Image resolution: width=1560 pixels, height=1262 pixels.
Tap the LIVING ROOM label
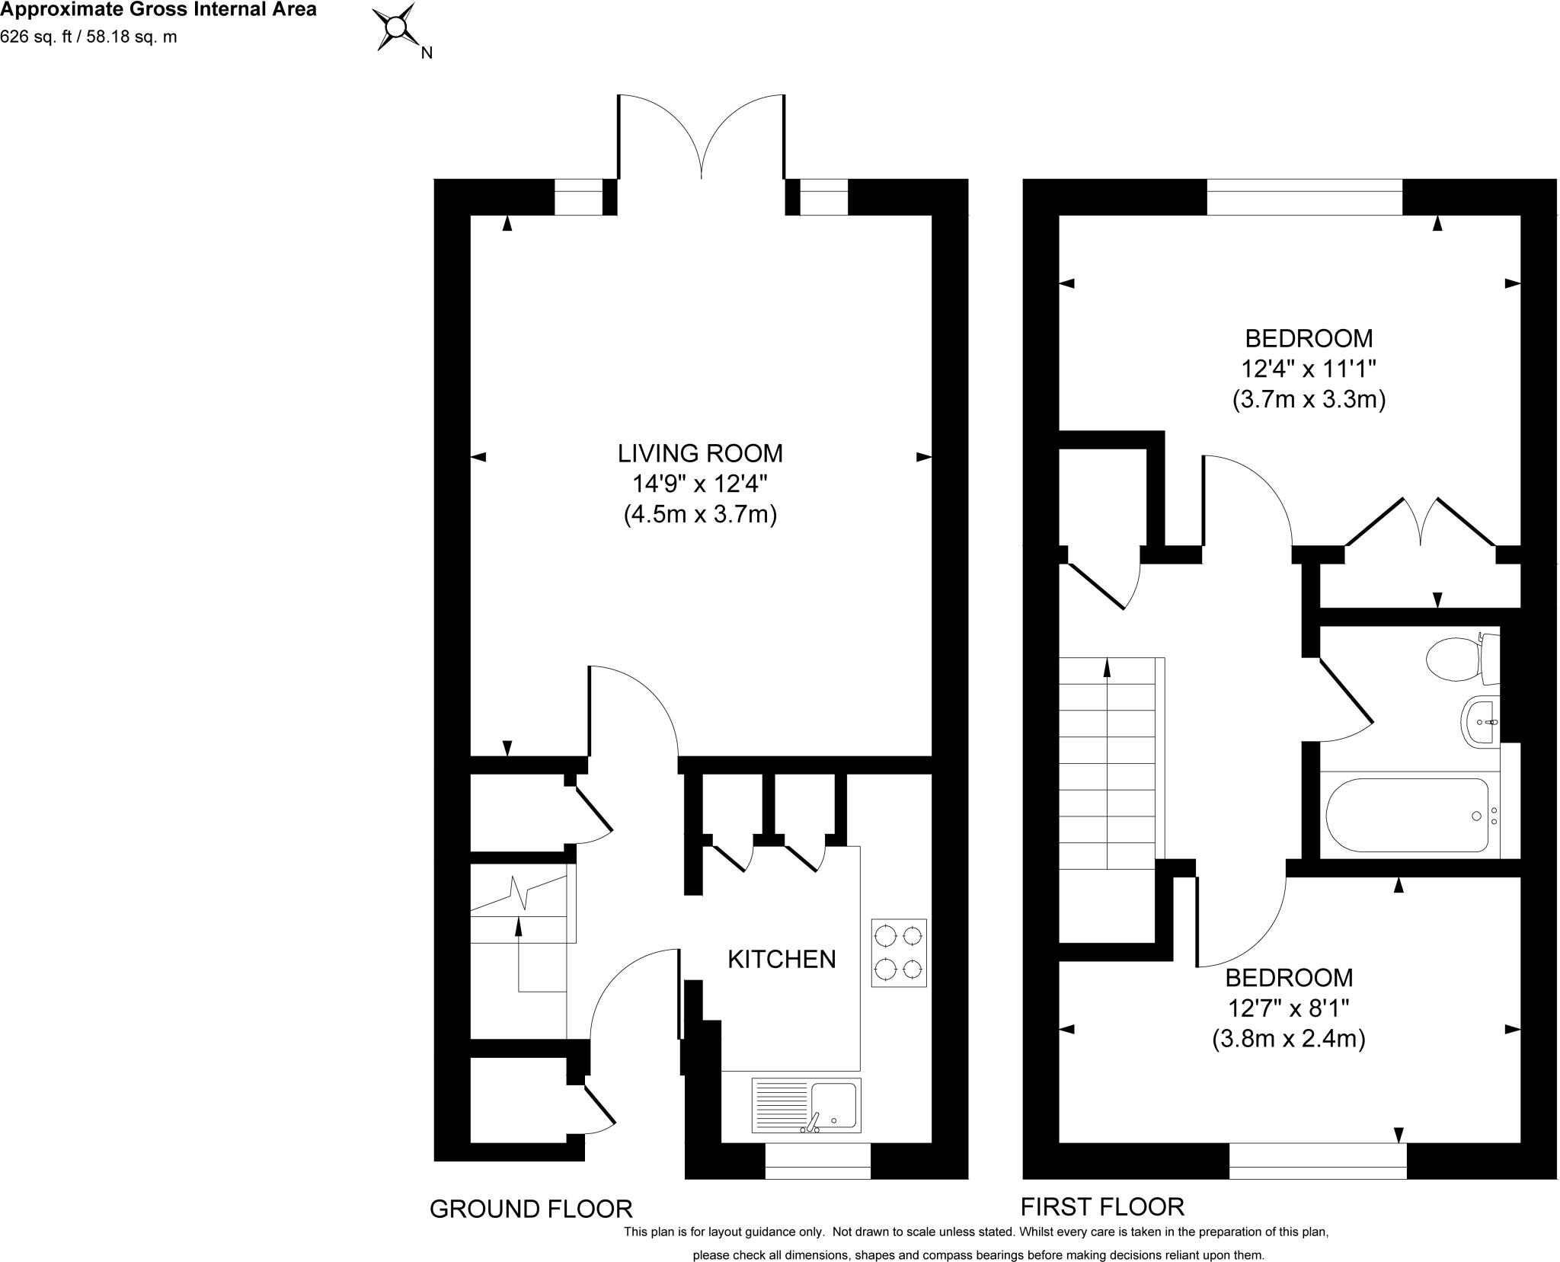click(x=700, y=453)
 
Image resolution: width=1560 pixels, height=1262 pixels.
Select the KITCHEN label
click(x=782, y=959)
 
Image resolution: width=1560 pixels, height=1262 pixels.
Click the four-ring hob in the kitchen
click(x=899, y=953)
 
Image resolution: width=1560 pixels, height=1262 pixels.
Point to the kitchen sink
click(x=807, y=1104)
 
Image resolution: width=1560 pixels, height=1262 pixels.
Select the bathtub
click(x=1407, y=815)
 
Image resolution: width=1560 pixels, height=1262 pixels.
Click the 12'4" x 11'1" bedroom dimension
click(x=1308, y=369)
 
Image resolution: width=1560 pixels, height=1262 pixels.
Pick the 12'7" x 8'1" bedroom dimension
click(x=1289, y=1008)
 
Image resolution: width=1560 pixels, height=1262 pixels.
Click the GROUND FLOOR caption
click(x=531, y=1209)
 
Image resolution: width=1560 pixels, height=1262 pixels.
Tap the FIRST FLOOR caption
click(x=1102, y=1206)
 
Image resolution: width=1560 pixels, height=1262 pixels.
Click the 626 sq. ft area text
click(x=88, y=37)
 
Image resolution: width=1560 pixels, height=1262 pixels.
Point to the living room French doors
click(x=701, y=137)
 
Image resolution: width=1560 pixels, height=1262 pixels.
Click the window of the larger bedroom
click(x=1304, y=196)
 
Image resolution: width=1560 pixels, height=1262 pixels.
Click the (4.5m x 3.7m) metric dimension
click(x=700, y=516)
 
